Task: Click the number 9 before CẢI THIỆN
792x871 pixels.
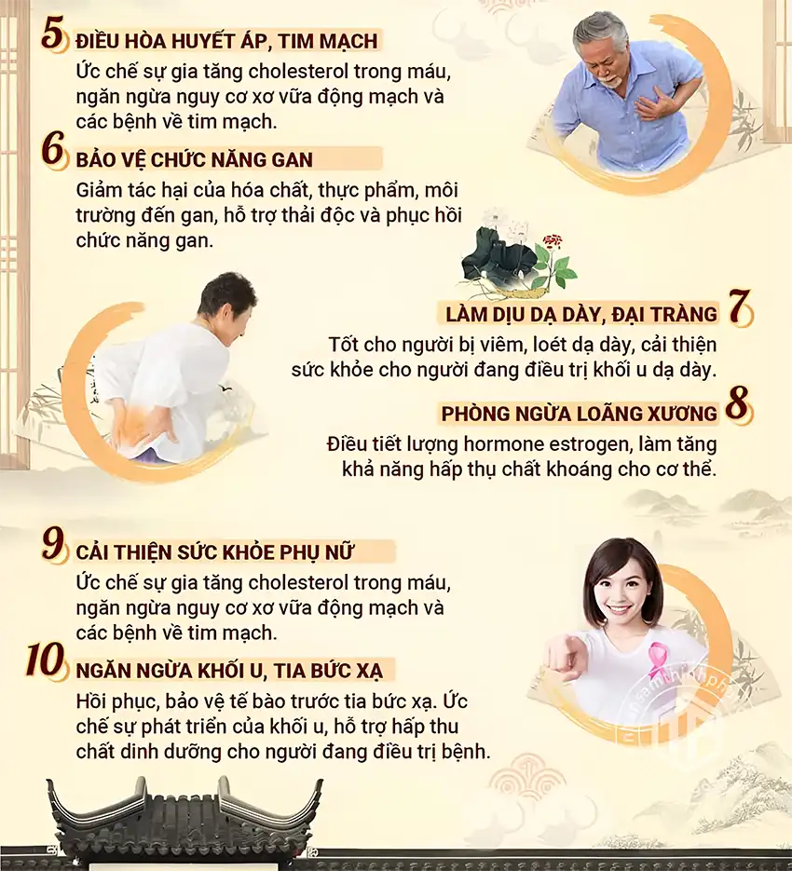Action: (55, 546)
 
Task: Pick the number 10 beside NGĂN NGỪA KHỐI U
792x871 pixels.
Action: (47, 663)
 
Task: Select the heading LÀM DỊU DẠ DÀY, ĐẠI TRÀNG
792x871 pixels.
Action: (580, 314)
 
